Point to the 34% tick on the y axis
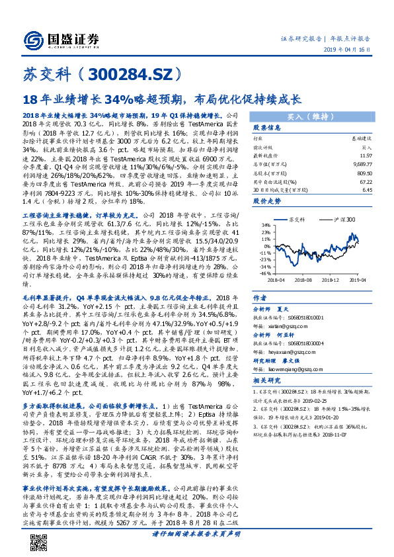click(264, 225)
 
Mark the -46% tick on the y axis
click(263, 273)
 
